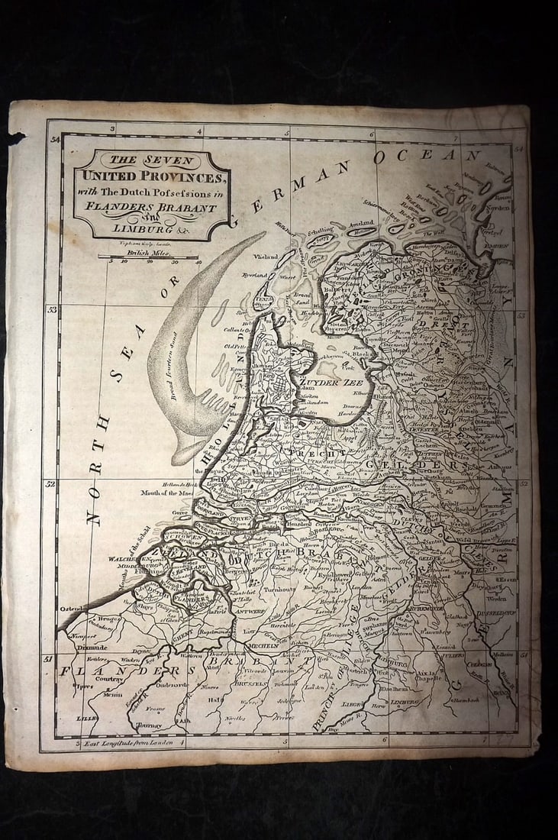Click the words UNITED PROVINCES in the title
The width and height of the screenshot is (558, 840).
pyautogui.click(x=150, y=177)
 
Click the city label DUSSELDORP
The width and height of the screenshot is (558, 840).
pyautogui.click(x=497, y=612)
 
